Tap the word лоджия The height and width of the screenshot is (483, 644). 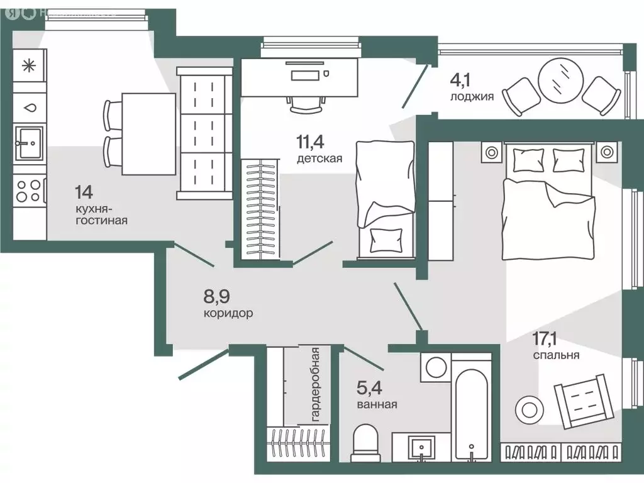(x=472, y=97)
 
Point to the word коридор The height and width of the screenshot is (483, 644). (x=228, y=313)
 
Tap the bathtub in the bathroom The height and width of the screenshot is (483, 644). (x=471, y=409)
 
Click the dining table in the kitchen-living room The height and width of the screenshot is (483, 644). (x=148, y=134)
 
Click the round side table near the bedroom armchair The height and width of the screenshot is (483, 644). (x=527, y=409)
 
